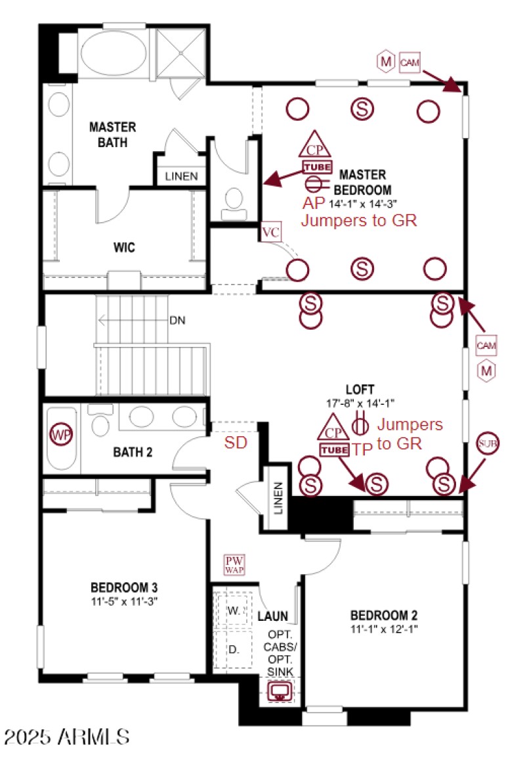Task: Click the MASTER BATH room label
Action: pyautogui.click(x=113, y=134)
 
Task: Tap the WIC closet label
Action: pyautogui.click(x=124, y=248)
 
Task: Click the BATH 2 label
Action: pyautogui.click(x=133, y=452)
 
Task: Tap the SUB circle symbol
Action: pyautogui.click(x=488, y=443)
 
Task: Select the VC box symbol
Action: pyautogui.click(x=270, y=233)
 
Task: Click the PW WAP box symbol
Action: pyautogui.click(x=234, y=565)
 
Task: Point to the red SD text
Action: pyautogui.click(x=236, y=443)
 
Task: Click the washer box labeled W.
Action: pyautogui.click(x=233, y=610)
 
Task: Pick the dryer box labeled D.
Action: pyautogui.click(x=233, y=649)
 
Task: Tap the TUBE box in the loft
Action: pyautogui.click(x=334, y=450)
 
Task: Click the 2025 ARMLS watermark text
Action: pyautogui.click(x=66, y=736)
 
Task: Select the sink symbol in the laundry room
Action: pyautogui.click(x=281, y=691)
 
